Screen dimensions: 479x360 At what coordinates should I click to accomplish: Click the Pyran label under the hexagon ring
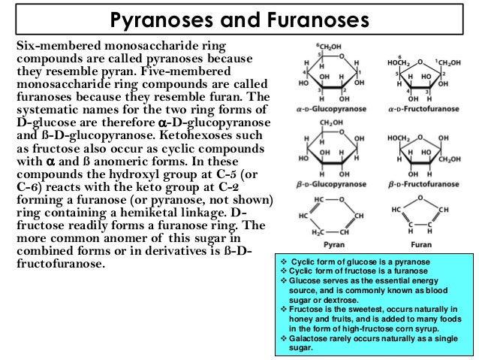pyautogui.click(x=332, y=245)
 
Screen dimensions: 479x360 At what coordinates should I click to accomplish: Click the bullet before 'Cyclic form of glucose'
pyautogui.click(x=282, y=261)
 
